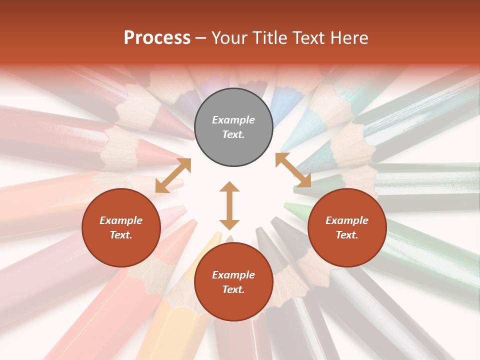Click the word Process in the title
pyautogui.click(x=157, y=38)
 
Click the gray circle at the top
pyautogui.click(x=233, y=127)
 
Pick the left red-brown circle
pyautogui.click(x=121, y=227)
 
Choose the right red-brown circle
pyautogui.click(x=347, y=227)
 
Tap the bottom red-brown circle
pyautogui.click(x=233, y=282)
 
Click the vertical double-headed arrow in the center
pyautogui.click(x=229, y=205)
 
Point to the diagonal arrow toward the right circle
pyautogui.click(x=293, y=170)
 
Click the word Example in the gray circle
pyautogui.click(x=233, y=120)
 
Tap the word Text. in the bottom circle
pyautogui.click(x=233, y=289)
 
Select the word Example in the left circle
pyautogui.click(x=121, y=220)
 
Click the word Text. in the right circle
pyautogui.click(x=347, y=235)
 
